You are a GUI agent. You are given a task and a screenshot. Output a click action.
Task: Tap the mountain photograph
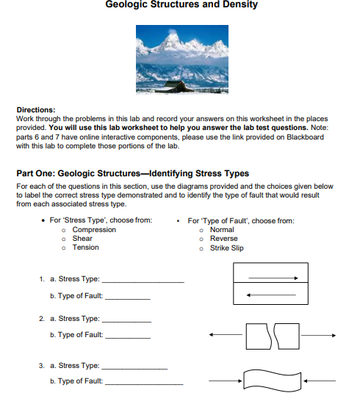point(181,59)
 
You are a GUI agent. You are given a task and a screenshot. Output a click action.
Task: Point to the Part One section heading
point(132,173)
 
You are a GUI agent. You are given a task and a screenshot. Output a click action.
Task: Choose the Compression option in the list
point(94,230)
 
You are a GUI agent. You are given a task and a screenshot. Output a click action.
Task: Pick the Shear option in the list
point(82,239)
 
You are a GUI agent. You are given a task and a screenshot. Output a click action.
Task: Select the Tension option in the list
point(85,248)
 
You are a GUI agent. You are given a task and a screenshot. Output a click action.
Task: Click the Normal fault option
point(222,230)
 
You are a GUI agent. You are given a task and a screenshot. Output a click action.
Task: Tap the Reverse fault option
point(223,239)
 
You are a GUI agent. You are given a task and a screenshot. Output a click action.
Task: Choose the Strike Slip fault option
point(226,248)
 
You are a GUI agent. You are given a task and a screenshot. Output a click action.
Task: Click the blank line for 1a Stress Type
point(142,281)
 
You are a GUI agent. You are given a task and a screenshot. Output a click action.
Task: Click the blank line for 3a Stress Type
point(134,367)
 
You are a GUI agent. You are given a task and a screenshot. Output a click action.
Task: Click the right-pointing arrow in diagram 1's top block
point(272,278)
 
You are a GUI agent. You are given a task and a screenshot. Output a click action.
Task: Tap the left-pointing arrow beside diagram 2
point(225,335)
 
